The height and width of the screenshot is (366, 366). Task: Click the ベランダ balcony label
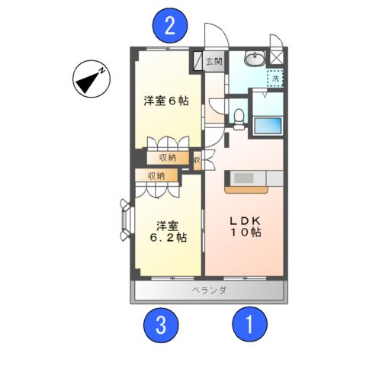[x=209, y=291]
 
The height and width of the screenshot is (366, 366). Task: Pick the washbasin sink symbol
[x=253, y=59]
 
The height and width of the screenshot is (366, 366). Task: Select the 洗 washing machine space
[x=273, y=76]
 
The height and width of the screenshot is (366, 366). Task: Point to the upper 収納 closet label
[x=168, y=157]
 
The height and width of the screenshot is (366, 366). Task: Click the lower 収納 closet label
[x=156, y=175]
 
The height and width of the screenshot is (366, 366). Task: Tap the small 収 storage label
[x=197, y=160]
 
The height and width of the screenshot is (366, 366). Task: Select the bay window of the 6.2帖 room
[x=126, y=220]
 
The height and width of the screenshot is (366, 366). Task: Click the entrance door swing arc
[x=217, y=36]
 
